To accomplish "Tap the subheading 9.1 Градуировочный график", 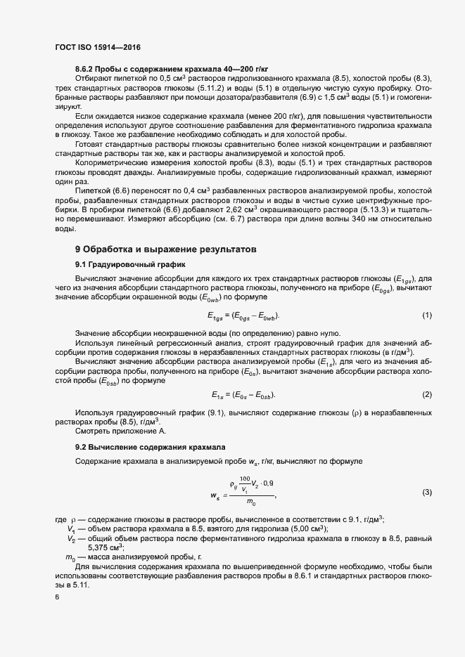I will (x=130, y=264).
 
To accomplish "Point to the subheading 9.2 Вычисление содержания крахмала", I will (x=150, y=447).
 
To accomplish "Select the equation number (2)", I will (x=426, y=393).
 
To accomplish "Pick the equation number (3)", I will (x=426, y=493).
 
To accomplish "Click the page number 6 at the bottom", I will (x=57, y=597).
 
